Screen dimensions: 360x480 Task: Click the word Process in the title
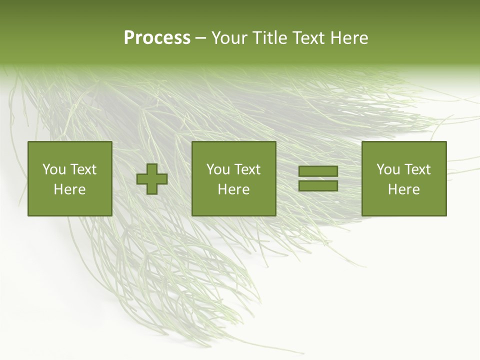coord(157,38)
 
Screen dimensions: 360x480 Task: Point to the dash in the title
coord(201,38)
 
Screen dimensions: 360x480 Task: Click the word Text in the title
coord(310,38)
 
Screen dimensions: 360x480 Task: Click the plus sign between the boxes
coord(152,178)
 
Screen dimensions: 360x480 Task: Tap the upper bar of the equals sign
coord(318,171)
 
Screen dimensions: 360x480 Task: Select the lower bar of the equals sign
coord(318,185)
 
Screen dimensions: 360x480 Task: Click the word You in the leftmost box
coord(54,169)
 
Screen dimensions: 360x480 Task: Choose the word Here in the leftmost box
coord(69,189)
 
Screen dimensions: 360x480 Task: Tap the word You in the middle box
coord(218,169)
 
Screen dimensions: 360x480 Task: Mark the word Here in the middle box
coord(233,189)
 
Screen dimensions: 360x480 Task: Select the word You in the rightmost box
coord(388,169)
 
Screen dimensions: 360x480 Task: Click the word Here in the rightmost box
coord(403,189)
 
